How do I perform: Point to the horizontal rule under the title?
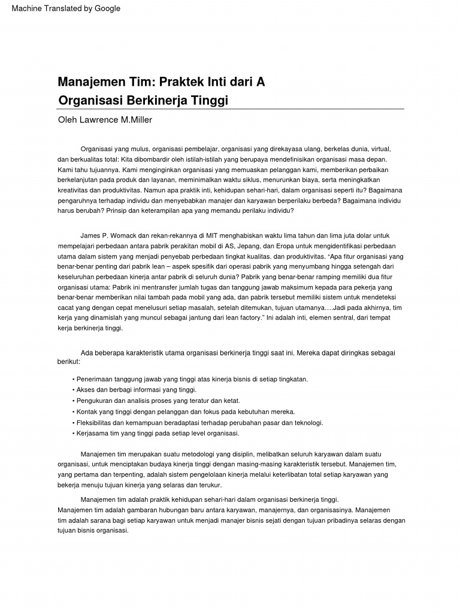tap(231, 109)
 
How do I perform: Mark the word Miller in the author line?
tap(141, 120)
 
